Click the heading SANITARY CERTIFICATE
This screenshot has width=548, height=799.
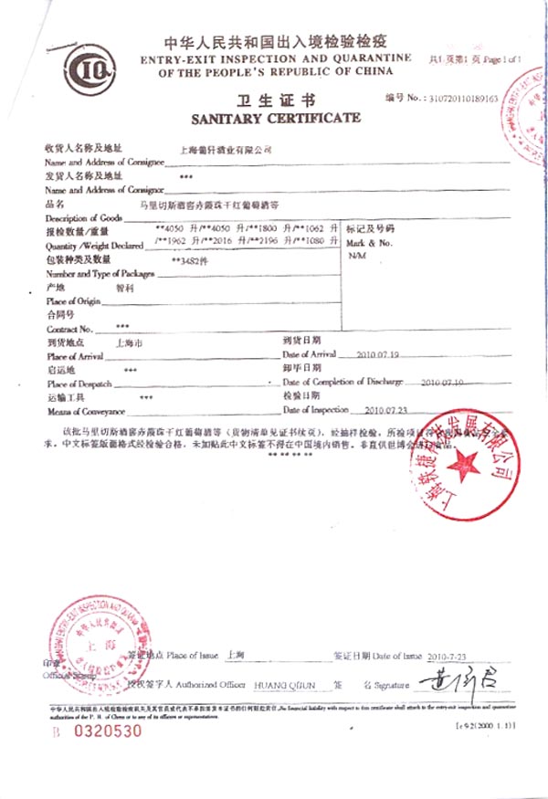click(275, 118)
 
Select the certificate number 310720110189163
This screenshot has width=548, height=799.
click(465, 97)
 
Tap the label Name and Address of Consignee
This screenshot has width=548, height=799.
click(105, 161)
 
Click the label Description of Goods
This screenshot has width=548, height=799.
click(83, 217)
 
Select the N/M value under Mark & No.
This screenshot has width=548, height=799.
click(357, 256)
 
